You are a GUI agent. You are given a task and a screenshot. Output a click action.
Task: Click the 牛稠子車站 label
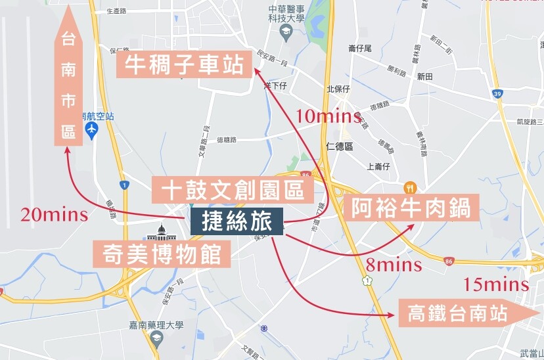185,65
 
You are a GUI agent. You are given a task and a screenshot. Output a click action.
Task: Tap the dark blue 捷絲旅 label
237,222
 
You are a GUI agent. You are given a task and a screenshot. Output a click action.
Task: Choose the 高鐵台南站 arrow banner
466,313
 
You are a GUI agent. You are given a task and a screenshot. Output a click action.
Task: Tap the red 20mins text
55,214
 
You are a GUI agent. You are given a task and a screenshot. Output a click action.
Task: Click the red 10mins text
329,117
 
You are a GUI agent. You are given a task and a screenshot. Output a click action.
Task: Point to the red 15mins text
496,284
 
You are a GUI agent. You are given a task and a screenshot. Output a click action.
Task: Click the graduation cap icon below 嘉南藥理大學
156,337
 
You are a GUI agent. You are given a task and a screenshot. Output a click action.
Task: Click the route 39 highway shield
497,95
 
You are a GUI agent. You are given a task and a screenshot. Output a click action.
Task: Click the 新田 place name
424,77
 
